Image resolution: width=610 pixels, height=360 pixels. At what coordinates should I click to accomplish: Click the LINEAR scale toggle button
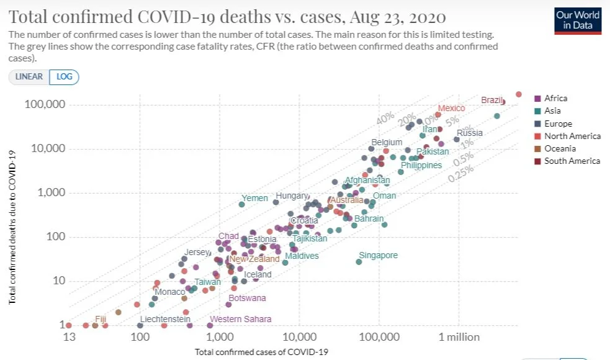coord(29,76)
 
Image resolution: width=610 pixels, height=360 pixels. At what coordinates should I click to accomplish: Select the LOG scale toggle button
coord(64,76)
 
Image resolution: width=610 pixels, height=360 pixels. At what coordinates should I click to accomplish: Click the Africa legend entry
coord(555,98)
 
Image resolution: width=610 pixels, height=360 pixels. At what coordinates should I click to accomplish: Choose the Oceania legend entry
coord(559,148)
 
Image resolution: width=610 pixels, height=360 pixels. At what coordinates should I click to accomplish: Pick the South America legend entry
coord(572,161)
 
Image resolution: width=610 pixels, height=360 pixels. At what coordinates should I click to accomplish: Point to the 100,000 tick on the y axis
coord(45,104)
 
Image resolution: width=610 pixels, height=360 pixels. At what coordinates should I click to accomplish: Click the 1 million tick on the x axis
coord(459,337)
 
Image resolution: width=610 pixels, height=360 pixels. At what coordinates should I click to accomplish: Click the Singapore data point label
coord(379,255)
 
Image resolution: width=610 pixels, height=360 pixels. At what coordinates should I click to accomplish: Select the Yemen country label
coord(254,199)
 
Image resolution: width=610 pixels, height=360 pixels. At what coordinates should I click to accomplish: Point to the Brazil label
coord(492,100)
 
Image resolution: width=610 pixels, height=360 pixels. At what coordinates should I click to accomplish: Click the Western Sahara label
coord(240,319)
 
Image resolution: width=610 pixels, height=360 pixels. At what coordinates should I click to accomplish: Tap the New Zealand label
coord(254,259)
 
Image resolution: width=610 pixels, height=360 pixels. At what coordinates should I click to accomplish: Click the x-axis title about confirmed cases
coord(261,352)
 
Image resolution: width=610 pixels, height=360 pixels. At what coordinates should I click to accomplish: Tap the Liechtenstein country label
coord(165,319)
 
